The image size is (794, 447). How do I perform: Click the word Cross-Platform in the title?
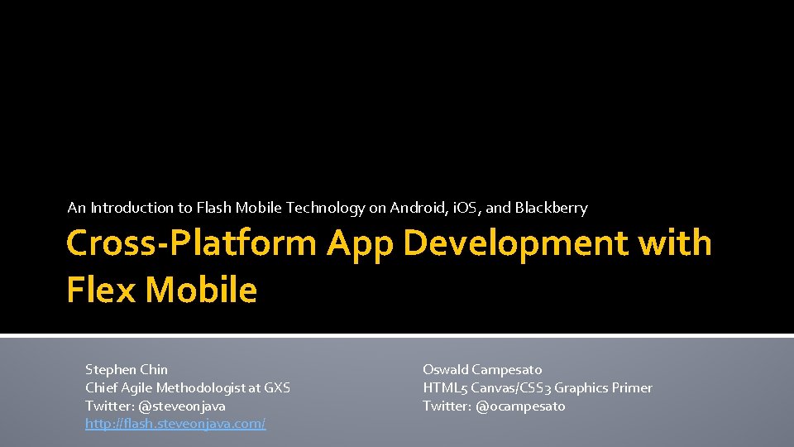[x=192, y=243]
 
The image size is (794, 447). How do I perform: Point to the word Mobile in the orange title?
[x=201, y=290]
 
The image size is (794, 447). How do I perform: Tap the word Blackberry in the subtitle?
[x=552, y=208]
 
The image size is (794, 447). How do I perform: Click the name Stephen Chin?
[x=127, y=369]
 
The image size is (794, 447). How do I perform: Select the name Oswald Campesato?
[x=482, y=369]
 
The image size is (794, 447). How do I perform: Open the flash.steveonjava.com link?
[x=175, y=424]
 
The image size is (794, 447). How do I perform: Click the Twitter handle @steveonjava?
[x=182, y=406]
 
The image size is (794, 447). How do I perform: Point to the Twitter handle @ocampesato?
[x=521, y=406]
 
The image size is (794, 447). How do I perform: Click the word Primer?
[x=632, y=387]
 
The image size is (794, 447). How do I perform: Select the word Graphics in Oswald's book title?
[x=581, y=387]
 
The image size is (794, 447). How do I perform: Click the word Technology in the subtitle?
[x=325, y=208]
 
